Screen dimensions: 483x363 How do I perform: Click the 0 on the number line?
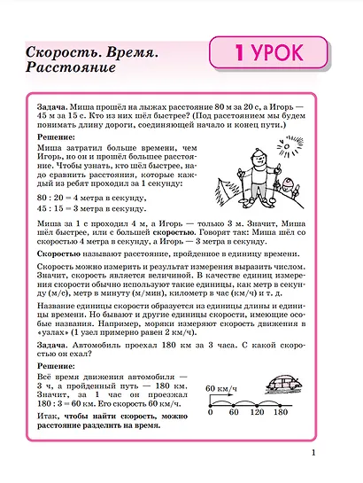tap(211, 412)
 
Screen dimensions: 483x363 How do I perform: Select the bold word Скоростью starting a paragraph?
tap(59, 253)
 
